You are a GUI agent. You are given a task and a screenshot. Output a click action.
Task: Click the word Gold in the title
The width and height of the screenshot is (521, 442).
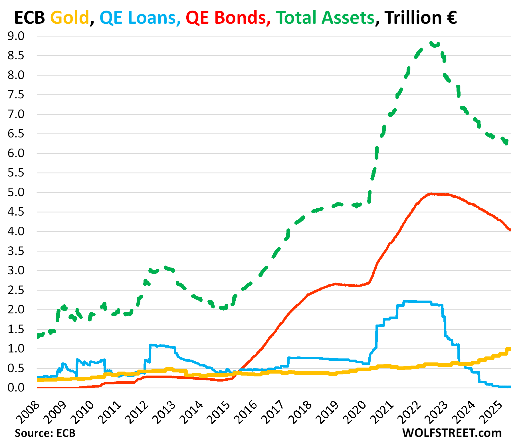coord(70,18)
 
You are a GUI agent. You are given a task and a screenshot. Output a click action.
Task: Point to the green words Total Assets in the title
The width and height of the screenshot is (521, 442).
coord(325,18)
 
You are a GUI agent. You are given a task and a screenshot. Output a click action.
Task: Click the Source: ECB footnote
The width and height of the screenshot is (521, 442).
coord(45,433)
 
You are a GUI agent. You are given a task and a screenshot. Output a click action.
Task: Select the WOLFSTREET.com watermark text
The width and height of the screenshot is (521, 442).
coord(452,433)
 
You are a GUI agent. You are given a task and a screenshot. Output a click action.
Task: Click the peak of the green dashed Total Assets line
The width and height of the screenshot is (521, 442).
coord(431,43)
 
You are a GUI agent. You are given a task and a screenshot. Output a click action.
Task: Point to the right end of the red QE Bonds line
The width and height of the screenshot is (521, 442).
coord(510,230)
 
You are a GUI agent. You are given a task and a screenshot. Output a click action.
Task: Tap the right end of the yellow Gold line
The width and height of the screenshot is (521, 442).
coord(509,349)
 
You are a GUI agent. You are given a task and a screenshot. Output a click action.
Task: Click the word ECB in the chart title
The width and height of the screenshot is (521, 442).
coord(29,18)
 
